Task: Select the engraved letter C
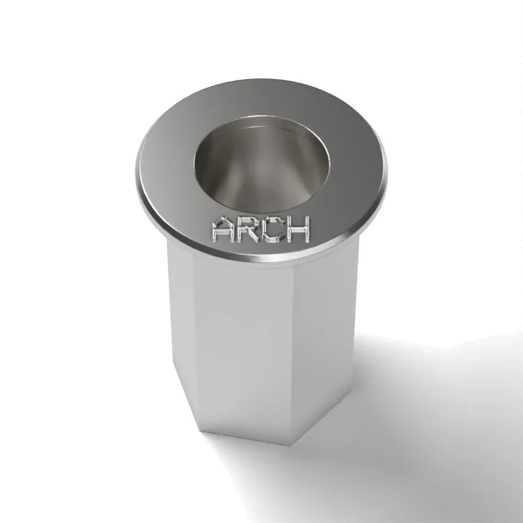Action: pos(272,230)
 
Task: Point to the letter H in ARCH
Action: pos(298,229)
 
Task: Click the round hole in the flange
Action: pos(262,164)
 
